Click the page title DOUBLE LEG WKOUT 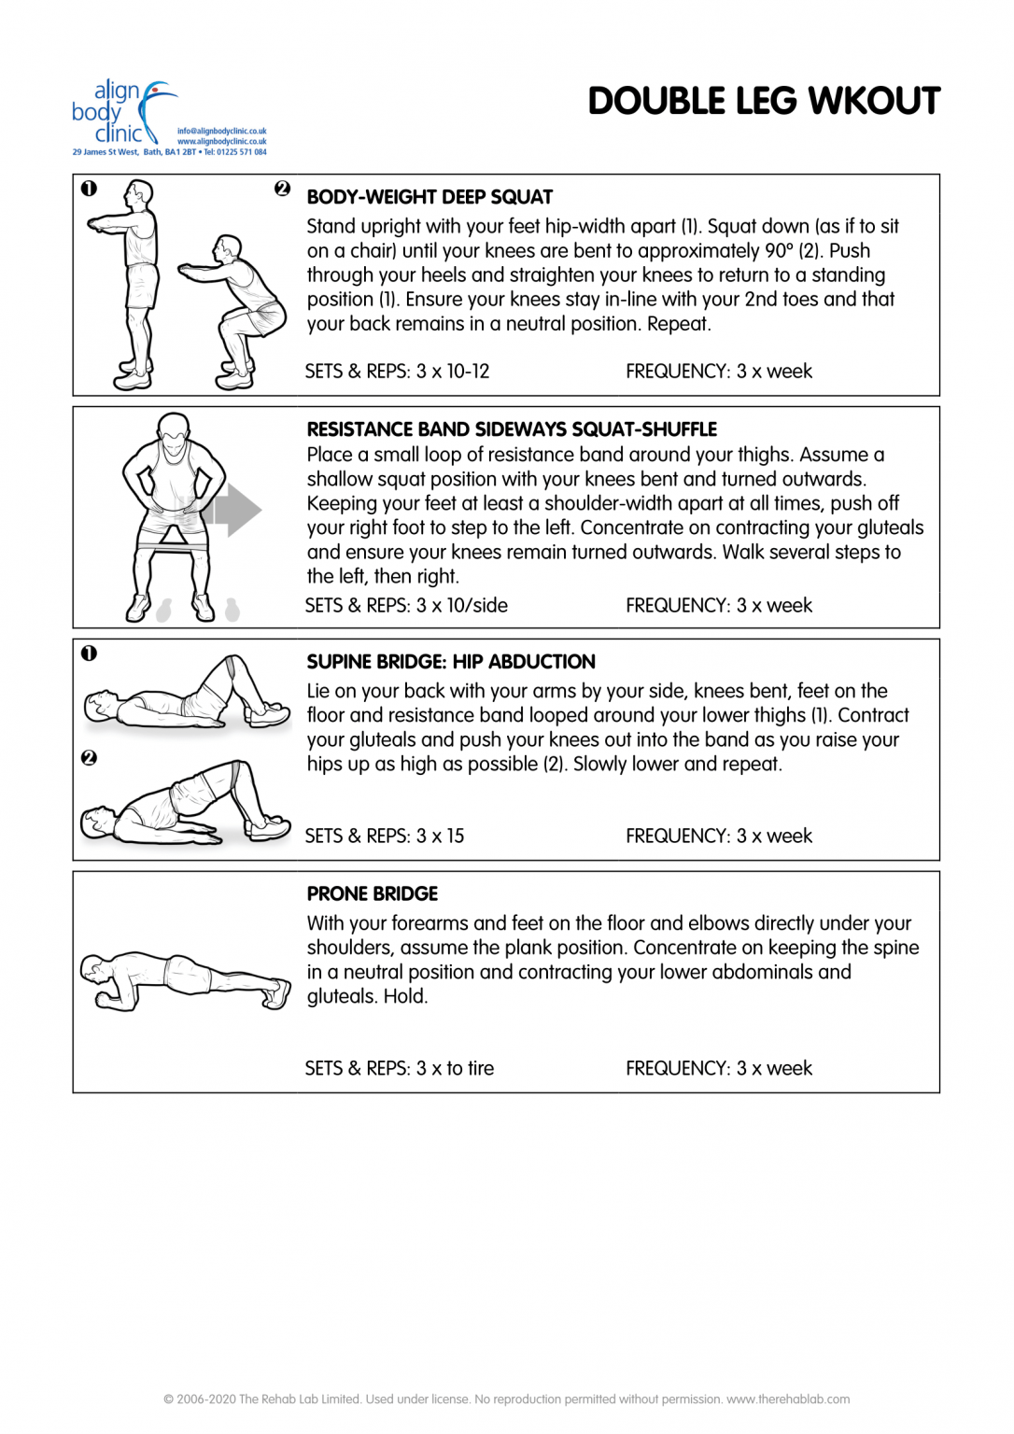click(x=763, y=102)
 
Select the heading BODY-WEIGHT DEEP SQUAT click(x=430, y=197)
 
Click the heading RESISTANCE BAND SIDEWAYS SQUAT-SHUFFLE click(x=512, y=429)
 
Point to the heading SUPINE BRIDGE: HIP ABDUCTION click(x=451, y=662)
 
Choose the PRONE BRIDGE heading click(x=372, y=894)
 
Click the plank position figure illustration click(x=185, y=980)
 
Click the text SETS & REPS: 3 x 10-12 click(x=397, y=372)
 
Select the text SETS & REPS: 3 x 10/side click(x=406, y=606)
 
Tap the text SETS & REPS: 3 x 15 click(x=385, y=836)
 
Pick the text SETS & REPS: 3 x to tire click(x=400, y=1069)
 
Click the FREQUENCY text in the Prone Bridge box click(x=719, y=1069)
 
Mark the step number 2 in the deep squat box click(x=282, y=189)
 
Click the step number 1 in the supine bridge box click(x=89, y=654)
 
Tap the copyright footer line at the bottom click(x=506, y=1399)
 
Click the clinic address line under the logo click(x=169, y=152)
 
